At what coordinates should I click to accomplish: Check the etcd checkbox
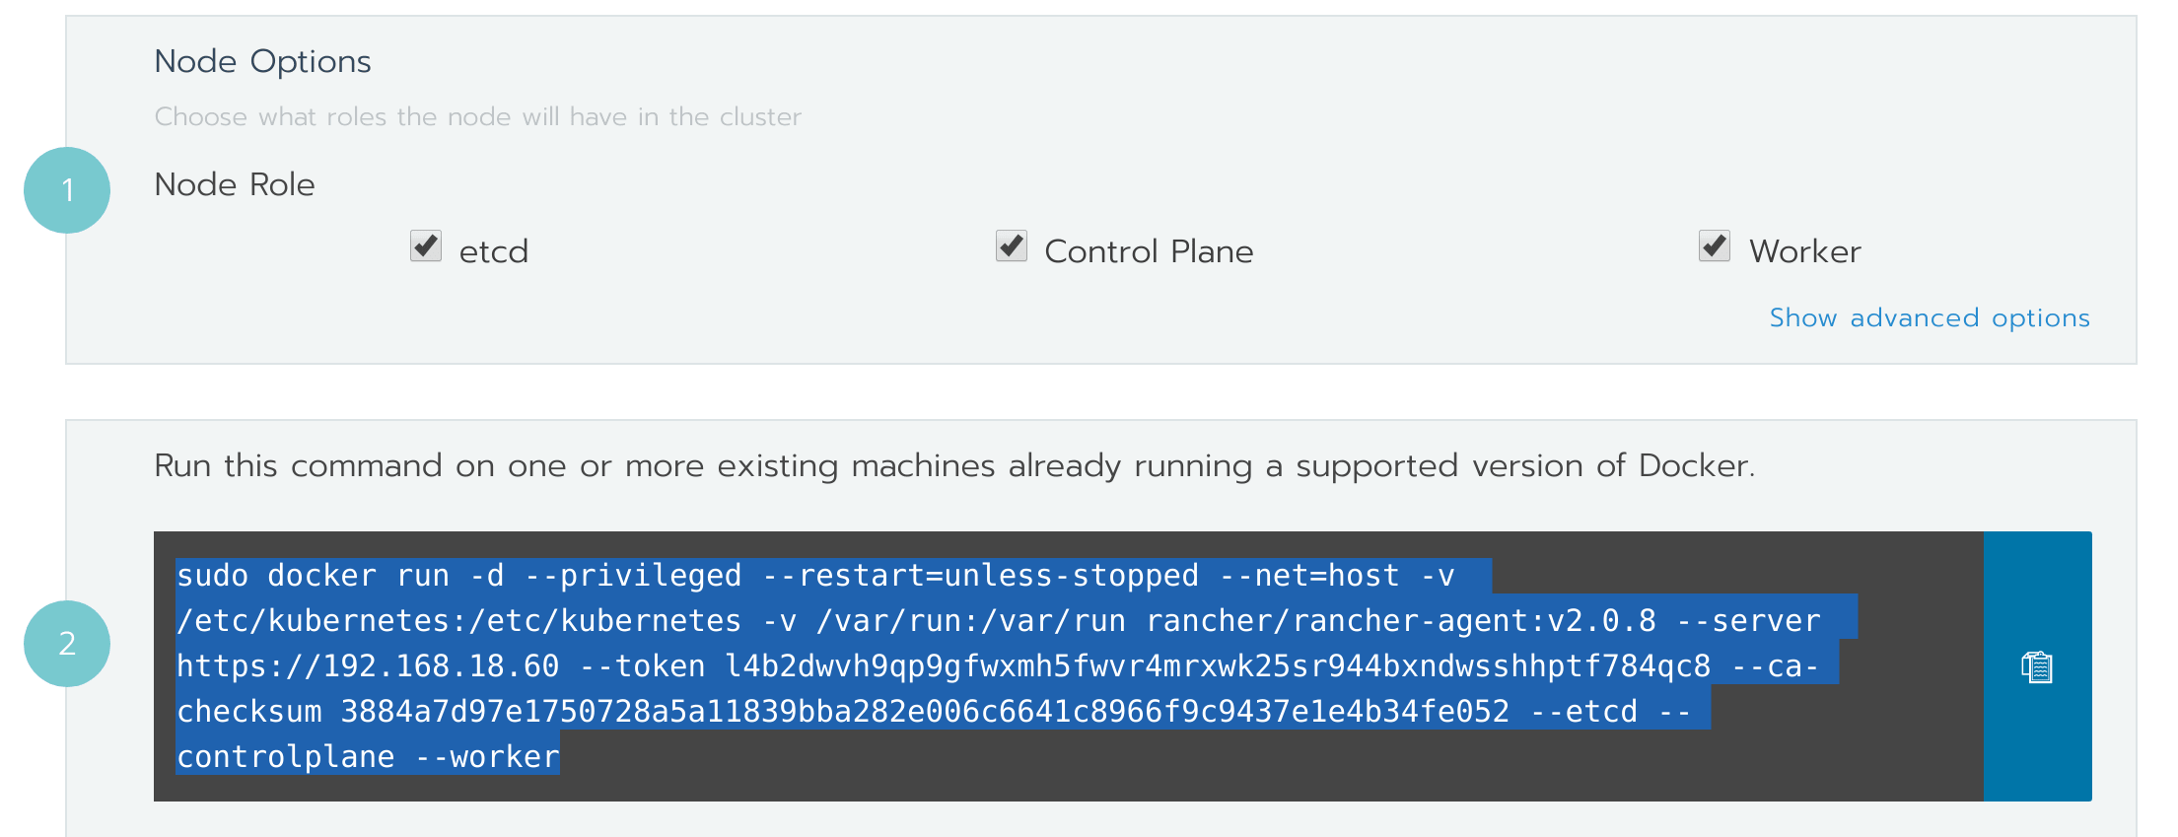point(426,245)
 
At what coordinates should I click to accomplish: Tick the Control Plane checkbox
point(1012,245)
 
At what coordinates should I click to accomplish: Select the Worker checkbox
point(1715,245)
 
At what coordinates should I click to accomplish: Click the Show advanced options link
point(1929,317)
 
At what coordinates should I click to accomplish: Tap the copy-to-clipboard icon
point(2037,667)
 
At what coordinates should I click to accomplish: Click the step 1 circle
point(67,190)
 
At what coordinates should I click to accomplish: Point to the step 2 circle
point(67,644)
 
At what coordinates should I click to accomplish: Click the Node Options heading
point(262,61)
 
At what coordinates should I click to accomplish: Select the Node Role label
point(235,184)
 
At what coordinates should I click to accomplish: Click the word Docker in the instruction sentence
point(1694,465)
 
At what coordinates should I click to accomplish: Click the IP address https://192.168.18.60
point(368,666)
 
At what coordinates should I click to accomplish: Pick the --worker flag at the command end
point(487,757)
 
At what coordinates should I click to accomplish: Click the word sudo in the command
point(212,576)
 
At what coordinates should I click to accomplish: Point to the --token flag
point(642,666)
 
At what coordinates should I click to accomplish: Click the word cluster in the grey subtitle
point(759,116)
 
